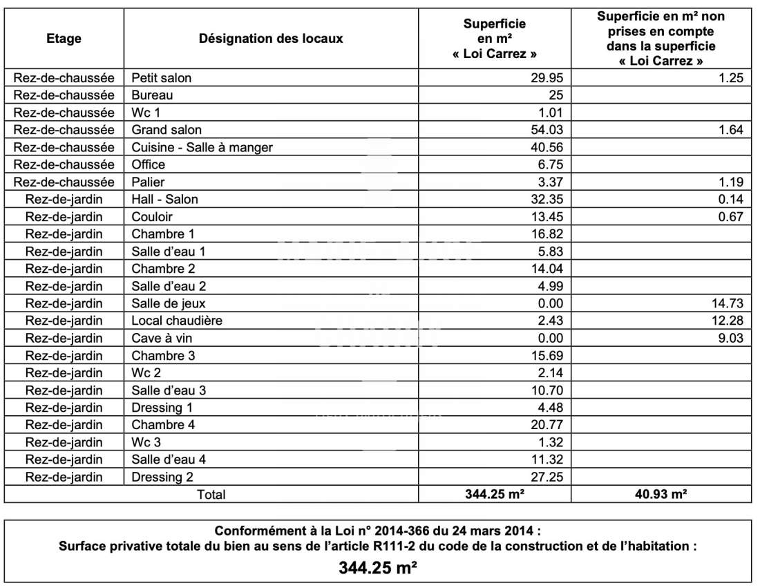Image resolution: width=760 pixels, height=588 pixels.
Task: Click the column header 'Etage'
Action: point(64,39)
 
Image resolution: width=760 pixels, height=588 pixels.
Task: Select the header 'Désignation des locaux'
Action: point(271,39)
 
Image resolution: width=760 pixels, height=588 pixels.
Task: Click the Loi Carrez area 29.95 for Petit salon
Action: point(548,78)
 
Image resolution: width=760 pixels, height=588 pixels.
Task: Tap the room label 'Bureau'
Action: point(152,95)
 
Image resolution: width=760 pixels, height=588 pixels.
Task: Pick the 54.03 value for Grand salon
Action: point(548,130)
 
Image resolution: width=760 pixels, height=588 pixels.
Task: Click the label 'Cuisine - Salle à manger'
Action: point(202,147)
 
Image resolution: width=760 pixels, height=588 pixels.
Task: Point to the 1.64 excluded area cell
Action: point(730,130)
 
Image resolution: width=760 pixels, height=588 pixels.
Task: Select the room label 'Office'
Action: point(149,164)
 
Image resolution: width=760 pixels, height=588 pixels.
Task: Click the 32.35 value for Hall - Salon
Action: point(548,200)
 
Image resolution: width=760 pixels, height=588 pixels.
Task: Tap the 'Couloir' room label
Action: point(152,217)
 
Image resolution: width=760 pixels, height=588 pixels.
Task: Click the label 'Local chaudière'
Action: point(177,321)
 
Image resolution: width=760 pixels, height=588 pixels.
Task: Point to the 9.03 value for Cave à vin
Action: point(730,338)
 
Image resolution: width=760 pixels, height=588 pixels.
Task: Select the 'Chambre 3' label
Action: point(163,355)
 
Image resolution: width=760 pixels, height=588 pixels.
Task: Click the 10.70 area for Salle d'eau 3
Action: point(548,390)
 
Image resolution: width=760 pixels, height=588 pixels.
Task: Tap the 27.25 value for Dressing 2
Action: point(548,477)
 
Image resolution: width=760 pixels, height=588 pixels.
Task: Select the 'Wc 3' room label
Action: point(146,442)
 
